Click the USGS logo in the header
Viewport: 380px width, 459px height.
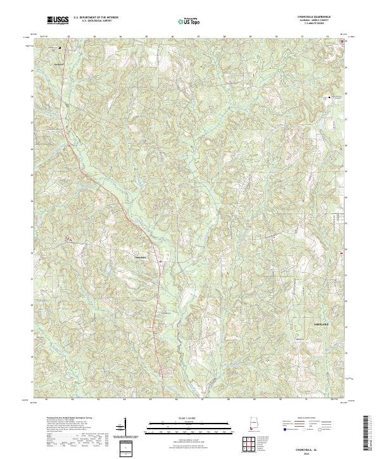coord(58,20)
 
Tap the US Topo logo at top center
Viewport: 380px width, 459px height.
coord(188,21)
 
